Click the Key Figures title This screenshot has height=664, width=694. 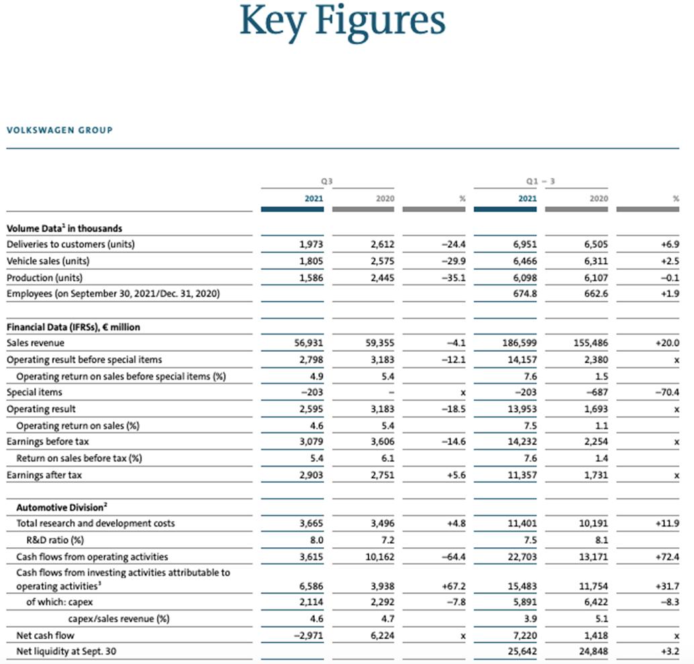[342, 21]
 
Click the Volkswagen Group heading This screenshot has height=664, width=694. [60, 130]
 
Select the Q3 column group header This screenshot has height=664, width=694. [327, 181]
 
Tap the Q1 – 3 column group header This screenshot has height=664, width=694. [540, 181]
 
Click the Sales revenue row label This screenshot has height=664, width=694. [36, 342]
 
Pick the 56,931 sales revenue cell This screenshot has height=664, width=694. [309, 342]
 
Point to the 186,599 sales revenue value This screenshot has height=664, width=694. [519, 342]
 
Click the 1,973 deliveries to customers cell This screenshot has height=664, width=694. [311, 244]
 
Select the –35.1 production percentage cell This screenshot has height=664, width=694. [453, 278]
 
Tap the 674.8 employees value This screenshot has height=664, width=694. [525, 293]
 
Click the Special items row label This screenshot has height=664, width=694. [34, 392]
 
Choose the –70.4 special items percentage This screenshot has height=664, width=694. [667, 392]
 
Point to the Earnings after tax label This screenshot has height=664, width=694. [44, 475]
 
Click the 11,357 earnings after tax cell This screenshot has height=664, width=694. [522, 475]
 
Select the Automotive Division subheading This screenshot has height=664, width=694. [62, 507]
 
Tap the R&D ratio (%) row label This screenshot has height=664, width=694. [55, 540]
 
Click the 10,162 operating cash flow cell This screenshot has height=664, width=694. [379, 557]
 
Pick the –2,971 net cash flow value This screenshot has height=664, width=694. [309, 635]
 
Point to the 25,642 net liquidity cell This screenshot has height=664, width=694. [522, 651]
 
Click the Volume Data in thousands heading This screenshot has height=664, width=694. [64, 228]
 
